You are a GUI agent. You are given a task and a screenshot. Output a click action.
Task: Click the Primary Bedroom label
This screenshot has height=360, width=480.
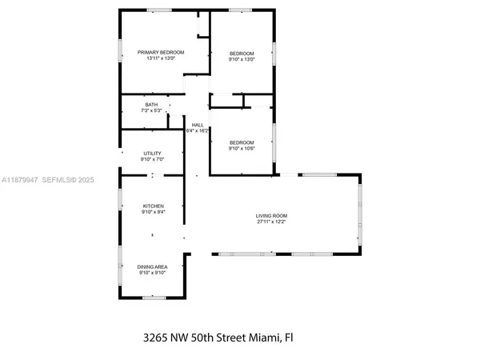pos(160,52)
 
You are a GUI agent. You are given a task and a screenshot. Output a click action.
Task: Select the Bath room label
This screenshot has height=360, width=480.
pos(151,105)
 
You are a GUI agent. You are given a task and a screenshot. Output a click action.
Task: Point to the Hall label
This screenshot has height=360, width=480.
pos(197,124)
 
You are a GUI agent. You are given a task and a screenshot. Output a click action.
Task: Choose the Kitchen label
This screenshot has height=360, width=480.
pos(153,205)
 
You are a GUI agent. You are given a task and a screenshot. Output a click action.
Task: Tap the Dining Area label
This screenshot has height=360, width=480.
pos(152,267)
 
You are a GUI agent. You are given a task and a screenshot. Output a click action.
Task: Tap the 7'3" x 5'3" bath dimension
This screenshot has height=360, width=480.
pos(151,110)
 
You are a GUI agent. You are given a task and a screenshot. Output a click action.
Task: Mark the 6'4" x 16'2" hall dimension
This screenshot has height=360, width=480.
pos(197,130)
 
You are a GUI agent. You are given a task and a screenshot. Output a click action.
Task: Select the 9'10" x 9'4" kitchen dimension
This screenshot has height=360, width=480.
pos(153,211)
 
